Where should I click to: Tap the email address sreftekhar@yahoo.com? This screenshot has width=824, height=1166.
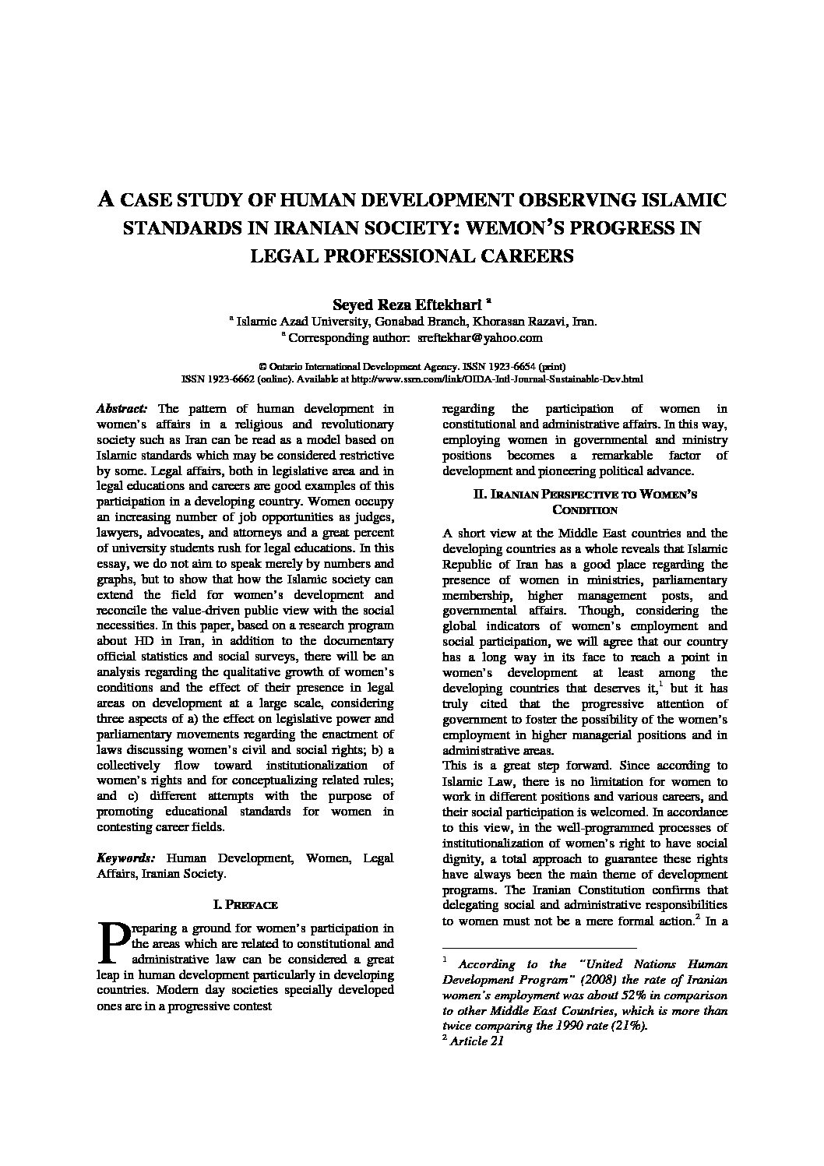click(480, 337)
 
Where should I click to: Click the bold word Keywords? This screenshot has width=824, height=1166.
click(125, 858)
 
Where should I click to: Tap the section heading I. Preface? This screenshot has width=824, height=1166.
click(245, 904)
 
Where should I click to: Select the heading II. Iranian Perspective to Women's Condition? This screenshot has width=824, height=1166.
click(585, 502)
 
